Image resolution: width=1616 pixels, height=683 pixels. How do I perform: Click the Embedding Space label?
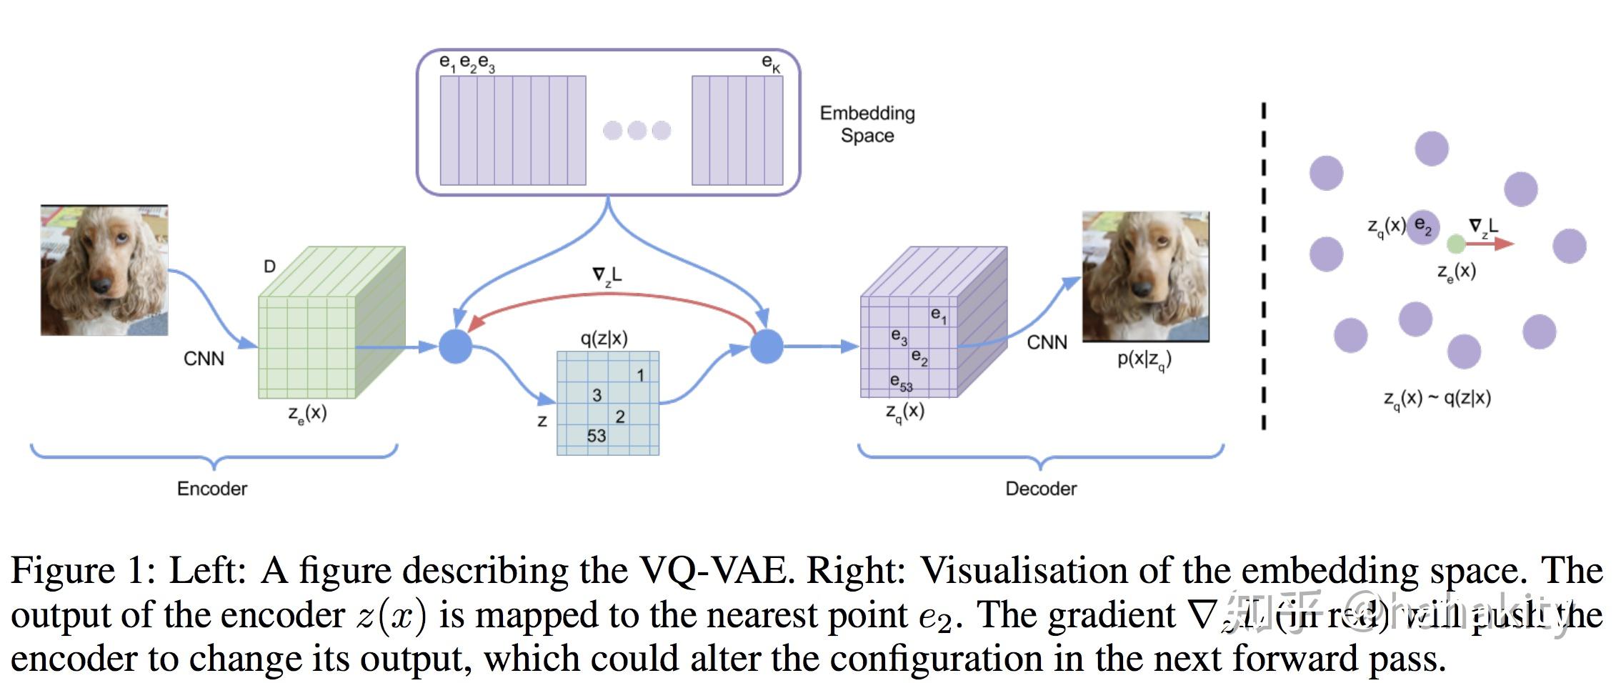point(867,124)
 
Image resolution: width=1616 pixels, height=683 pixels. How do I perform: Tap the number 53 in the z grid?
point(597,435)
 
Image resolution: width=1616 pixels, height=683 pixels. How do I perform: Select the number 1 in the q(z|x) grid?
point(640,375)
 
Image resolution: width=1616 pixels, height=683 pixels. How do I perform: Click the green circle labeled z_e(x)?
point(1455,244)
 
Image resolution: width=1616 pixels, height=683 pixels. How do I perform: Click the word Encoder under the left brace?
point(211,489)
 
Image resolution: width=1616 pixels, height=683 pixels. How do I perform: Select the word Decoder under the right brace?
point(1040,489)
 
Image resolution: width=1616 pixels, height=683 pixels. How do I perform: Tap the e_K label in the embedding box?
point(771,63)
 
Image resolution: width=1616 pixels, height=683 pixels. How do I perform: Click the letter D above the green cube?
point(269,266)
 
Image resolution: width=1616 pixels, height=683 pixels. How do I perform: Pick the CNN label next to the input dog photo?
point(204,359)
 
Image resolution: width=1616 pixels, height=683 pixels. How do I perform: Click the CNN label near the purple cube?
point(1047,343)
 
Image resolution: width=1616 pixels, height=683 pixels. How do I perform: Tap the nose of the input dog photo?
point(101,285)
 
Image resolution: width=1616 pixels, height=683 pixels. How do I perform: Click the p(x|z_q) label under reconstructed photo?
point(1144,360)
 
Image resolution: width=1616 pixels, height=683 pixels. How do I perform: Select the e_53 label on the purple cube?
point(901,383)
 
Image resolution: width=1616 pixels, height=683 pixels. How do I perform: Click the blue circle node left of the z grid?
point(455,347)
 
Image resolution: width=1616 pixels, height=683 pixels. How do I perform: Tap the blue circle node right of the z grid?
point(767,347)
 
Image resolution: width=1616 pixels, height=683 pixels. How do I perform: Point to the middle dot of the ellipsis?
point(637,131)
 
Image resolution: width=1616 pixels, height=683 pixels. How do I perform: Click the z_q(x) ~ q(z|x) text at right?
point(1437,399)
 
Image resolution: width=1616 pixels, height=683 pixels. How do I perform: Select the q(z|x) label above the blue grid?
point(604,339)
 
